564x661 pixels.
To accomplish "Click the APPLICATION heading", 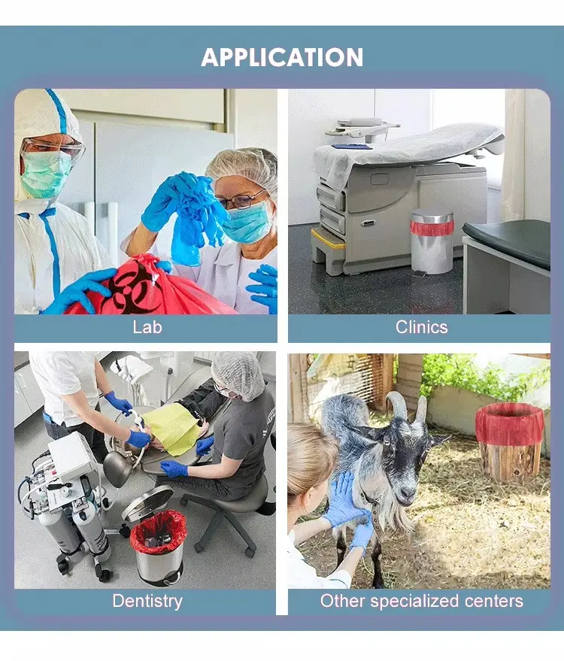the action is point(282,57).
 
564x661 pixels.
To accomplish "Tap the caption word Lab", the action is point(147,327).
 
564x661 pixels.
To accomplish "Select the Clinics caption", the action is point(422,327).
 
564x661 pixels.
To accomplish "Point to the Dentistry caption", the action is point(147,601).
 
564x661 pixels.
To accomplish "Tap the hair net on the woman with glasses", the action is point(243,165).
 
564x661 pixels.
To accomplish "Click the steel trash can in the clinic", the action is point(432,241).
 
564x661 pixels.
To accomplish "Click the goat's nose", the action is point(407,493).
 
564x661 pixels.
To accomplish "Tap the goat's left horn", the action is point(397,406).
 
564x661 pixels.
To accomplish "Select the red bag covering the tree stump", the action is point(510,423).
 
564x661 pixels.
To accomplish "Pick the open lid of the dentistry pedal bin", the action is point(147,504).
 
